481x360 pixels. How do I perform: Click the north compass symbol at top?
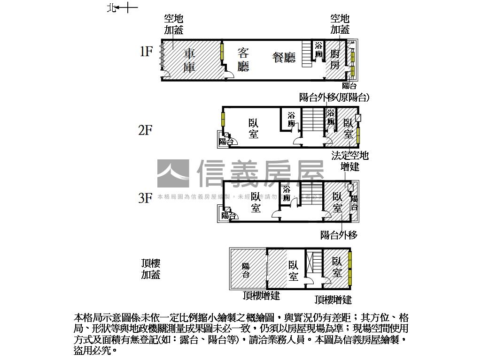[122, 8]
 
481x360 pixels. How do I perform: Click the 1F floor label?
[146, 52]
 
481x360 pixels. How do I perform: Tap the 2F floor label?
[146, 130]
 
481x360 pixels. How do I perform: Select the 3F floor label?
[146, 198]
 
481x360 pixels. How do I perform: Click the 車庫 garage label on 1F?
[189, 60]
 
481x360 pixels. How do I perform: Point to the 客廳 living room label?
[243, 60]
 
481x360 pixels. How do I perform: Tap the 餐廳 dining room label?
[284, 58]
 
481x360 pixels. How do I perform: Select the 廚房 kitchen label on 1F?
[334, 59]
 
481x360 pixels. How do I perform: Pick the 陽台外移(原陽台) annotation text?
[334, 97]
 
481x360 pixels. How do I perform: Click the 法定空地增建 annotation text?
[350, 161]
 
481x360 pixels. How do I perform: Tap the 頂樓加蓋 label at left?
[151, 269]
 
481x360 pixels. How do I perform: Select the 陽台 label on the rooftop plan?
[246, 270]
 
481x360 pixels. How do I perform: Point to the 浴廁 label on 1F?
[319, 50]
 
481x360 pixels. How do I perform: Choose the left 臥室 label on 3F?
[256, 202]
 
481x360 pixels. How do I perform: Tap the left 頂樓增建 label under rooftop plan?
[261, 296]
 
